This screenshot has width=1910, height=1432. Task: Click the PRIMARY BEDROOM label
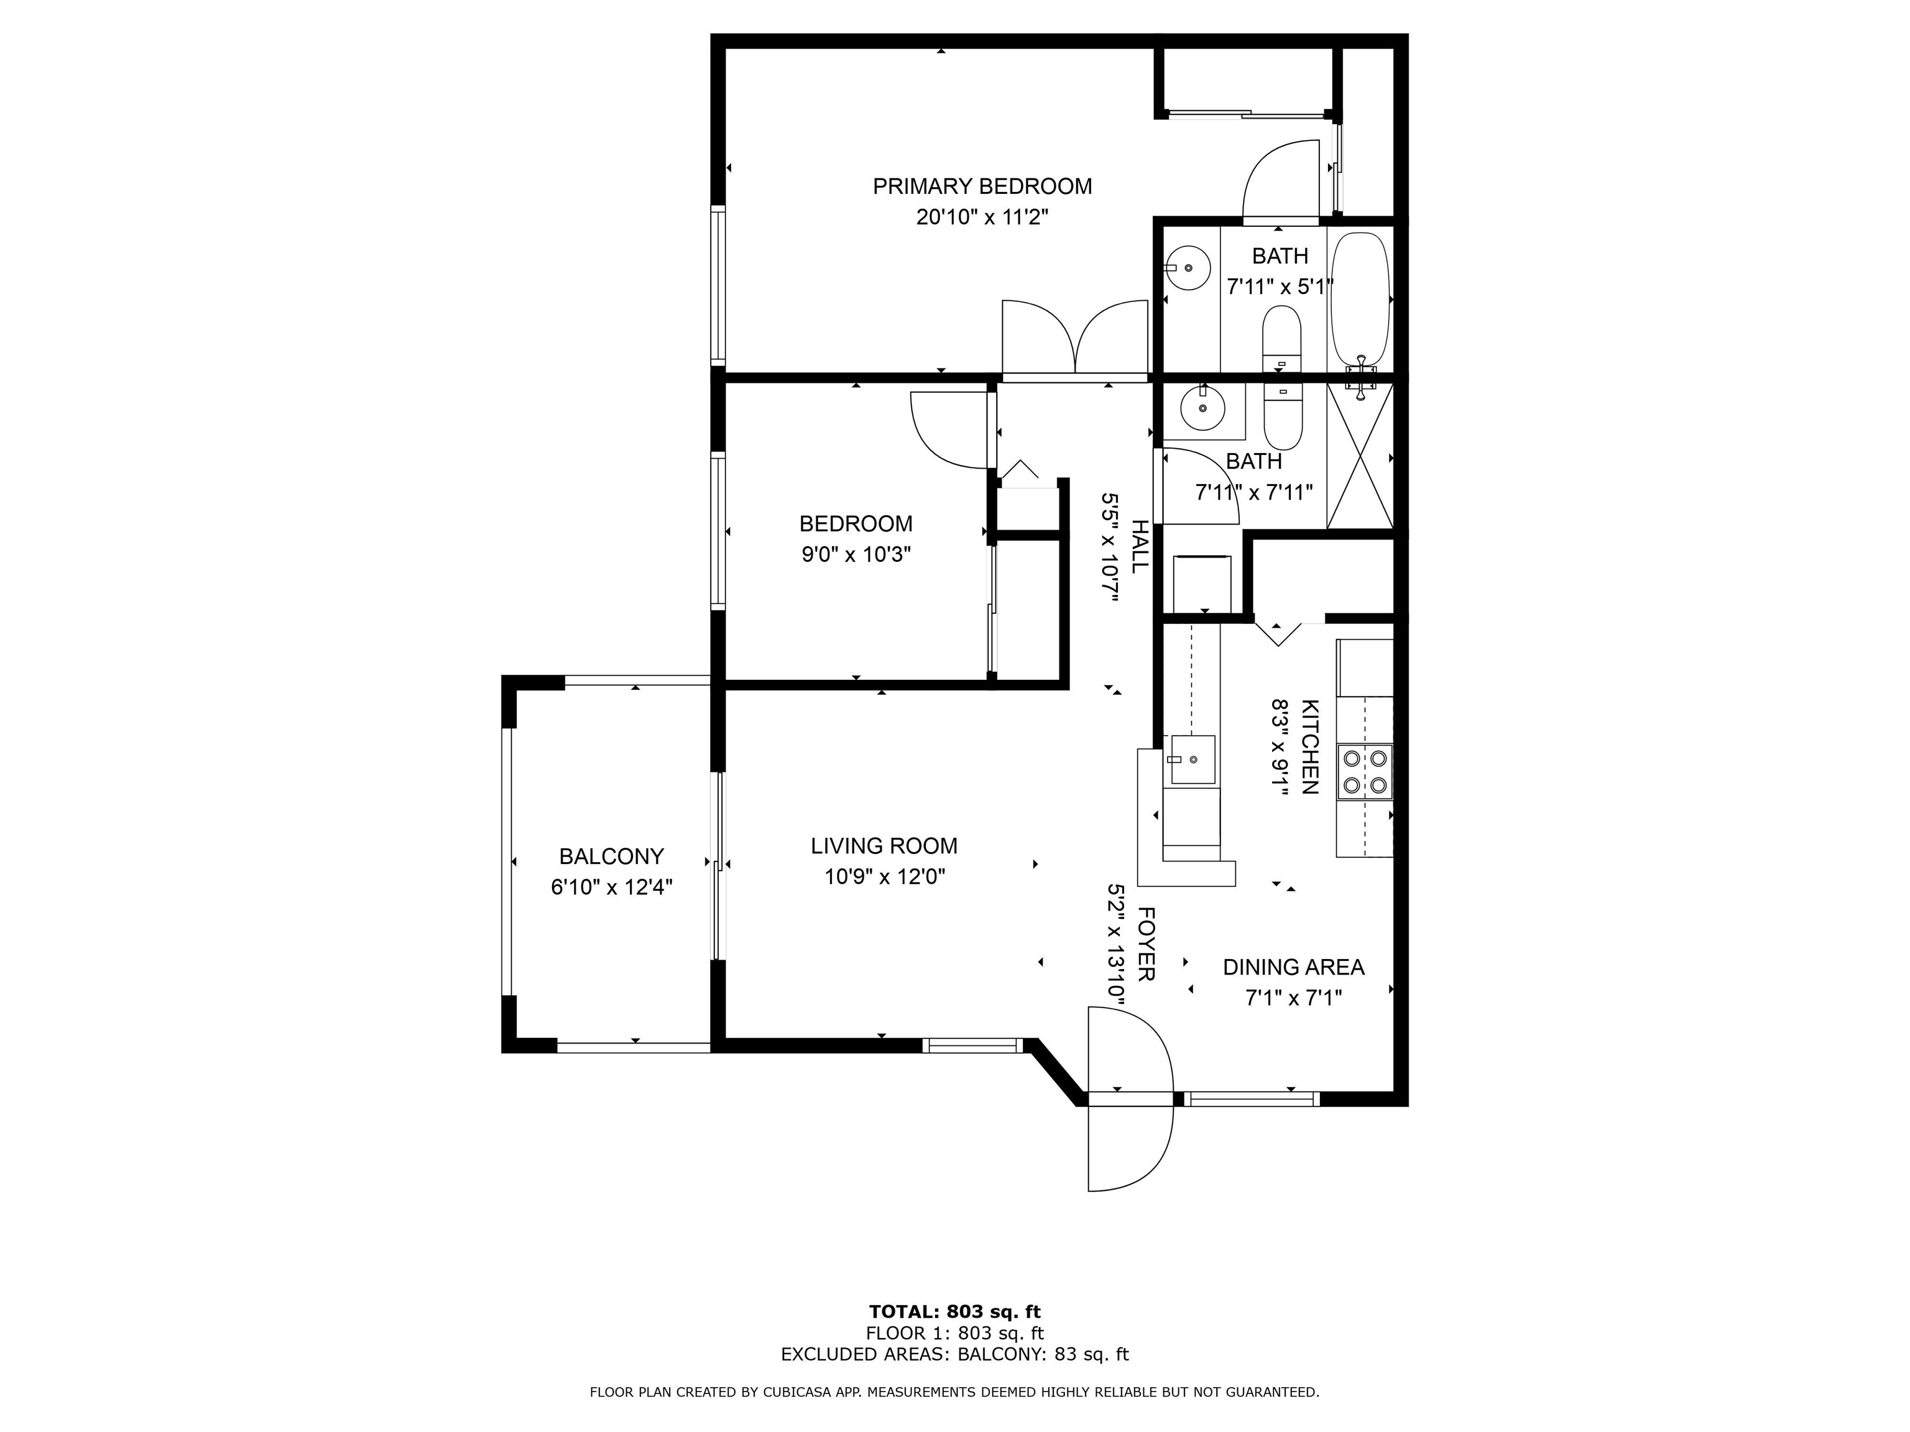tap(982, 186)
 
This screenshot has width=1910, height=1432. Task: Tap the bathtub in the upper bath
tap(1360, 302)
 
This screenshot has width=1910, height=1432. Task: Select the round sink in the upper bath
tap(1188, 268)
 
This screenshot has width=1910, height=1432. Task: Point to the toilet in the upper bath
tap(1281, 337)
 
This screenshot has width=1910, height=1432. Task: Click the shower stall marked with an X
tap(1360, 456)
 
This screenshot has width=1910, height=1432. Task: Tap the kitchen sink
tap(1192, 760)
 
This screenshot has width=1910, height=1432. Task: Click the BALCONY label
tap(611, 856)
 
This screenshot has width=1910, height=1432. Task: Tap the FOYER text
tap(1146, 943)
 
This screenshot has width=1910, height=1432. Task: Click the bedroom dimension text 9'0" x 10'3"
tap(857, 554)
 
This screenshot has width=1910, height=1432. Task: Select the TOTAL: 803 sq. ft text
tap(955, 1312)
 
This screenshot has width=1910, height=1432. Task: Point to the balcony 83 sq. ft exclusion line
tap(955, 1354)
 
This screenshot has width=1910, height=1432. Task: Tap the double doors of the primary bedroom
tap(1075, 338)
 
